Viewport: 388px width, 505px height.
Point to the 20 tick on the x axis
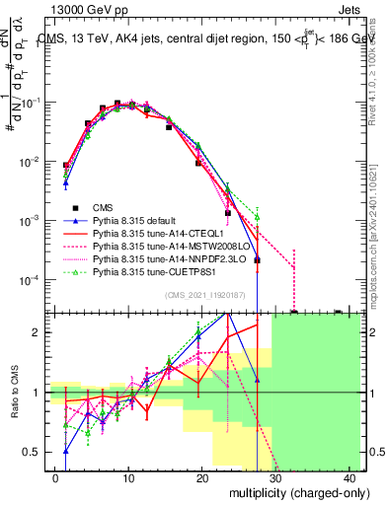(202, 477)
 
